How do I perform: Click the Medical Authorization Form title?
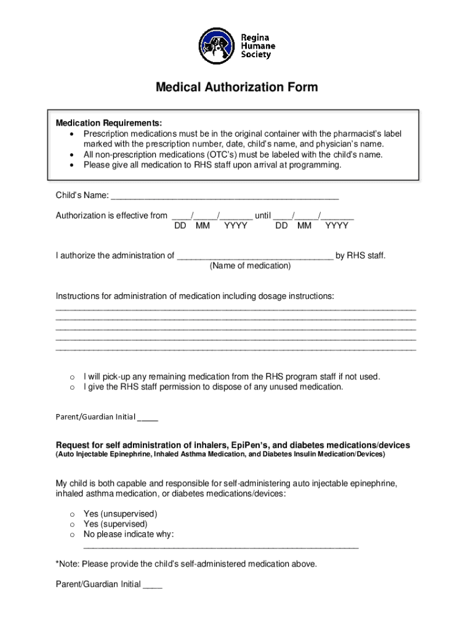236,87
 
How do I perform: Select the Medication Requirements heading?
110,122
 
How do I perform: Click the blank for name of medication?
255,256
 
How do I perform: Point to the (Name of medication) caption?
250,266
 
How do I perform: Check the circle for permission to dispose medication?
72,388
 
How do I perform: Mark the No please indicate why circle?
72,535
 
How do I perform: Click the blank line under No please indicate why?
220,545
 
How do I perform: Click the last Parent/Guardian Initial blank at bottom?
153,584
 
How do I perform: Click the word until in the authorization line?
263,215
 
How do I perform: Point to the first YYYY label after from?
236,226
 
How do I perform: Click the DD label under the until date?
281,226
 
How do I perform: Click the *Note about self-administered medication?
187,564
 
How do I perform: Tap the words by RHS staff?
360,256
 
